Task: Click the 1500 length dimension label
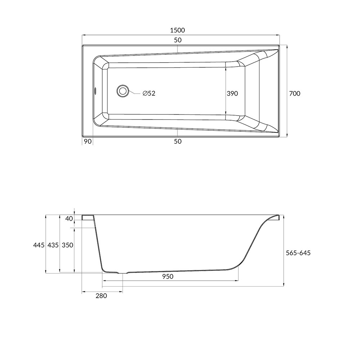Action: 177,30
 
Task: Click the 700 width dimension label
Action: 294,94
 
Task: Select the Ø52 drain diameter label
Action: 149,93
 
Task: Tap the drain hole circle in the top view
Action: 123,91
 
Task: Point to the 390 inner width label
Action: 232,94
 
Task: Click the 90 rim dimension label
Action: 87,141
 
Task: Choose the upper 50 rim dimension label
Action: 178,40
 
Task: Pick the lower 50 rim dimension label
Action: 178,141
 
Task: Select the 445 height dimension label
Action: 39,245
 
